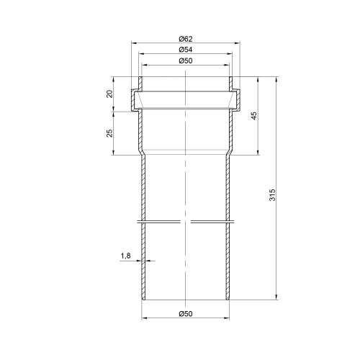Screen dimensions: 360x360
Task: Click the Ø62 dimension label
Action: [x=186, y=39]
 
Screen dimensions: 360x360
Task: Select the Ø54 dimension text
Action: [x=186, y=50]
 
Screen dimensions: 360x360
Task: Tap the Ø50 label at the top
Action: [x=186, y=60]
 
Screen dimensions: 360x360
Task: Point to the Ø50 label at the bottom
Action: [x=186, y=314]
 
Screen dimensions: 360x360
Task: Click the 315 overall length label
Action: [x=272, y=195]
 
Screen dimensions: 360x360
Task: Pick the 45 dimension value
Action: [x=254, y=116]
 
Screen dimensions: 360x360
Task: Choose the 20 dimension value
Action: [x=109, y=94]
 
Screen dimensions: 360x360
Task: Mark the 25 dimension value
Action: [x=109, y=133]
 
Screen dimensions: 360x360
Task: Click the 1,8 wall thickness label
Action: [x=125, y=256]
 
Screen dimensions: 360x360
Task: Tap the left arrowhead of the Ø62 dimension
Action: [x=134, y=43]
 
